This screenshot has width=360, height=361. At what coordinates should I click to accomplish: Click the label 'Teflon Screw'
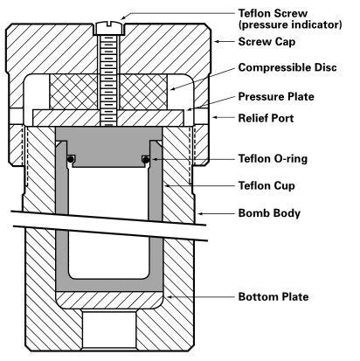pyautogui.click(x=273, y=13)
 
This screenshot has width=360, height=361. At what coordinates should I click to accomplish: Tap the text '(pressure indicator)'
pyautogui.click(x=290, y=24)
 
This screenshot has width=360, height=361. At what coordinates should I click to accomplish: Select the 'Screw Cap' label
pyautogui.click(x=267, y=42)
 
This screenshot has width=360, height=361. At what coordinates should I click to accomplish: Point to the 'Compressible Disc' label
pyautogui.click(x=287, y=67)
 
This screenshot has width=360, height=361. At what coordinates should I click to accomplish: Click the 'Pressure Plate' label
pyautogui.click(x=276, y=97)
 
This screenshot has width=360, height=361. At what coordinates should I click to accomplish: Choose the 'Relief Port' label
pyautogui.click(x=266, y=118)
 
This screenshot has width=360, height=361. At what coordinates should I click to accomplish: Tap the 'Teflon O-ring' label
pyautogui.click(x=273, y=159)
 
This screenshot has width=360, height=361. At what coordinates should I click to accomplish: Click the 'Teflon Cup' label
pyautogui.click(x=267, y=186)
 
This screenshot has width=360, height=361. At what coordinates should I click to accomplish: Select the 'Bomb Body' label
pyautogui.click(x=269, y=213)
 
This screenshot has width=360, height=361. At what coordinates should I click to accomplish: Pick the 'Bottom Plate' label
pyautogui.click(x=273, y=297)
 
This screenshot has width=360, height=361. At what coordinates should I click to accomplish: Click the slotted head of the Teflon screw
pyautogui.click(x=109, y=27)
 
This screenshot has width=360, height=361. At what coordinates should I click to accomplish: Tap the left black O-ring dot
pyautogui.click(x=71, y=159)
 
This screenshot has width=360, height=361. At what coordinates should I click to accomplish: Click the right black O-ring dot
pyautogui.click(x=147, y=159)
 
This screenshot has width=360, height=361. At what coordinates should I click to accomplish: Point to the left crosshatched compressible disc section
pyautogui.click(x=74, y=92)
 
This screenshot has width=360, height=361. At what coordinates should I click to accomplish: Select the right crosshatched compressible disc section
pyautogui.click(x=143, y=92)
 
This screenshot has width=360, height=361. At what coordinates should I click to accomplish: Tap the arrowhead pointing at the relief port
pyautogui.click(x=215, y=118)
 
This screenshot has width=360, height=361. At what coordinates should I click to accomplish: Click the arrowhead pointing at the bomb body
pyautogui.click(x=200, y=213)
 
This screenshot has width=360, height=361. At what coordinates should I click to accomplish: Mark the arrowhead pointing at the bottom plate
pyautogui.click(x=169, y=297)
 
